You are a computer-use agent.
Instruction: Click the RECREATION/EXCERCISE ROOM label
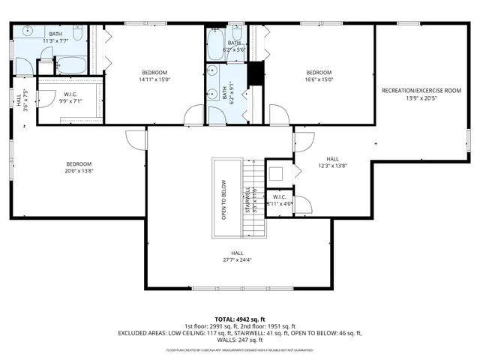tap(421, 90)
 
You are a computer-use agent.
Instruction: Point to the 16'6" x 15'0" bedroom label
tap(319, 79)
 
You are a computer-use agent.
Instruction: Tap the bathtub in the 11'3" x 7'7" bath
tap(70, 64)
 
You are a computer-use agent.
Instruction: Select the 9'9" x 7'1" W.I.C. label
tap(70, 98)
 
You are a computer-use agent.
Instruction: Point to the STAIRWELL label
tap(247, 199)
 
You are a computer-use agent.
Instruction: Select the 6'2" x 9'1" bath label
tap(225, 93)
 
